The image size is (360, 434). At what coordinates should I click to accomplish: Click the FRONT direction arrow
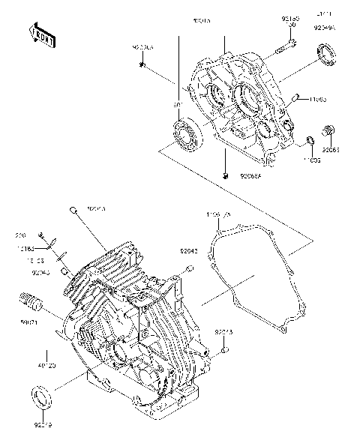(42, 35)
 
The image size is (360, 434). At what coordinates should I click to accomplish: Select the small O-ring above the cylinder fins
(73, 210)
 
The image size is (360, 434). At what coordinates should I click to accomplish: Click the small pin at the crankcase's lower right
(226, 349)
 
